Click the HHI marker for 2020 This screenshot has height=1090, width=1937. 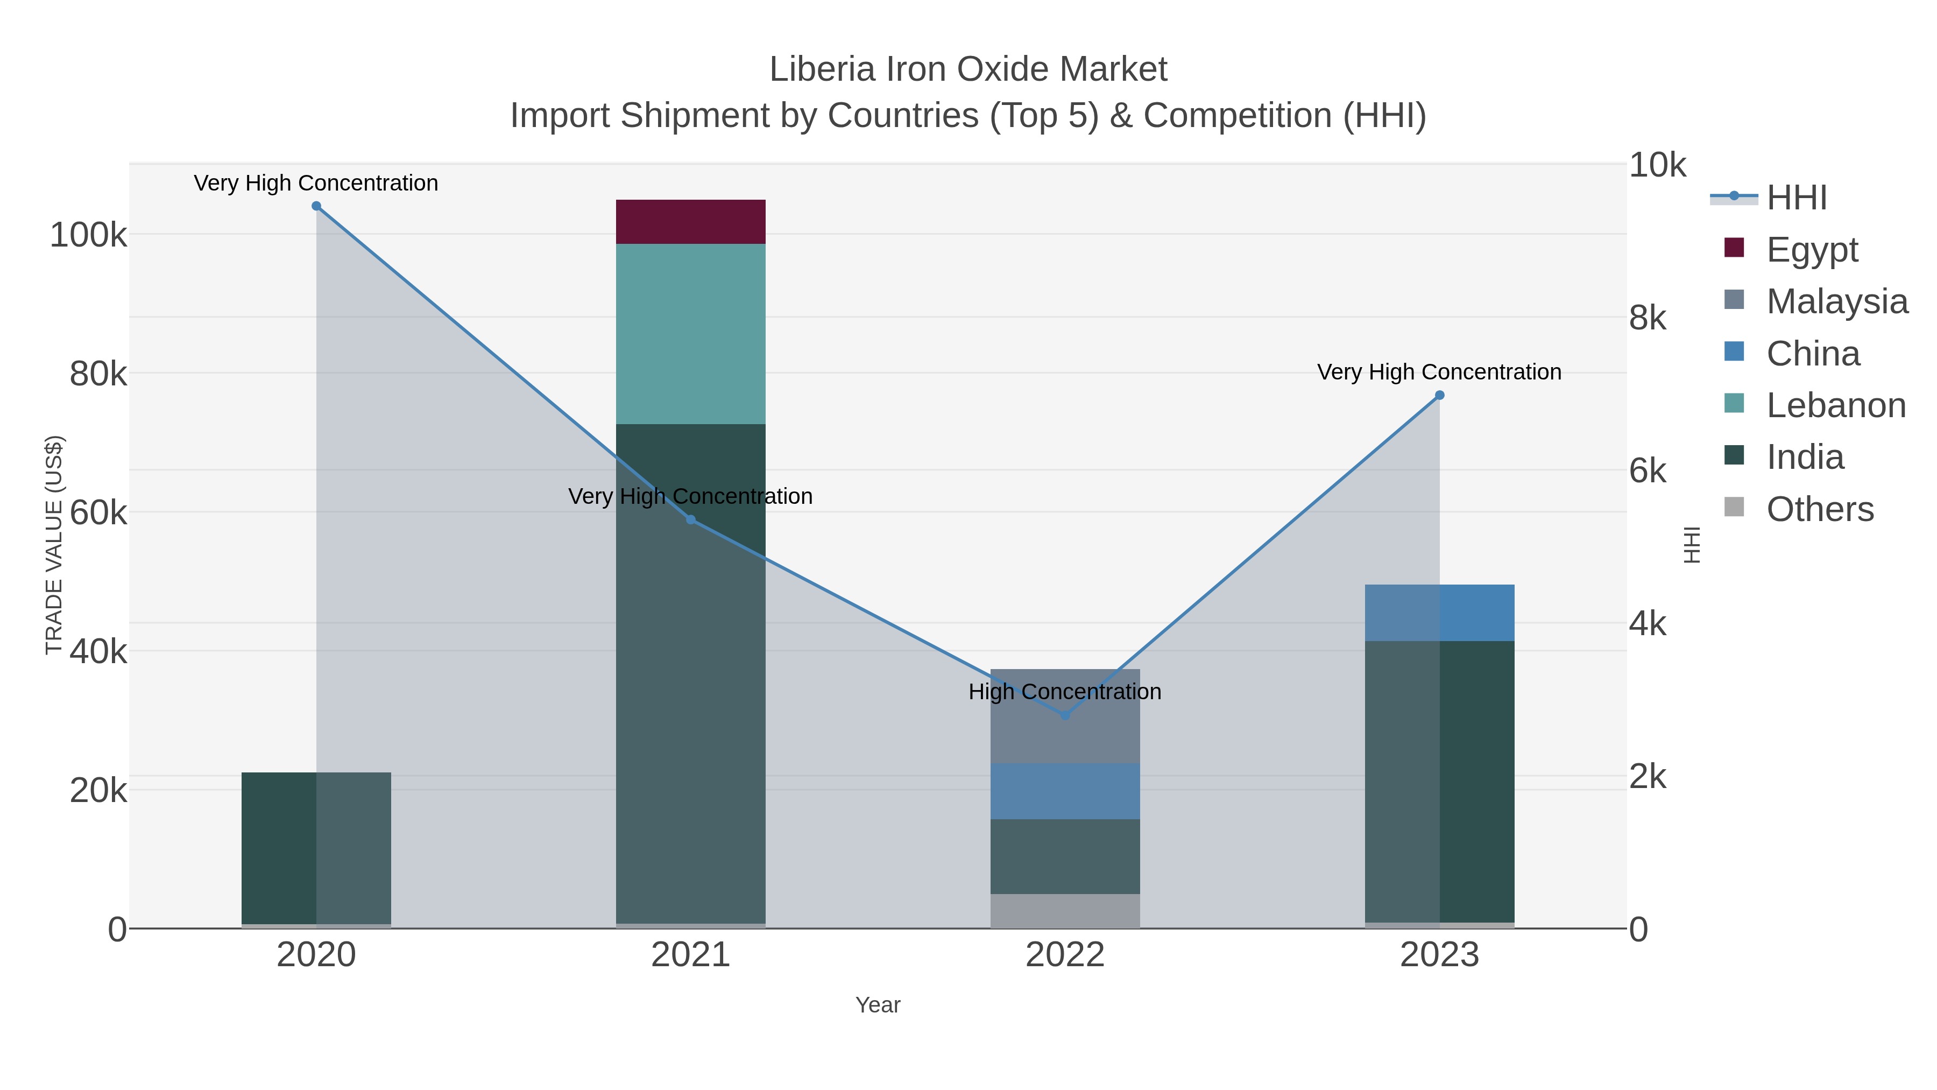[316, 206]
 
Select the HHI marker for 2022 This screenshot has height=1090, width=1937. [1065, 715]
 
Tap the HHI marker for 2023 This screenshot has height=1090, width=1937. [1439, 395]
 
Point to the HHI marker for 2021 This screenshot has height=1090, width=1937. [691, 520]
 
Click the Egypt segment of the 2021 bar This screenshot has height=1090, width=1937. [690, 222]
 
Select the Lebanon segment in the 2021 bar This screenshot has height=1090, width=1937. [690, 333]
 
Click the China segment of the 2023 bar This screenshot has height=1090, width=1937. [1439, 613]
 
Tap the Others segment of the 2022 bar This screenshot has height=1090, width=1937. [1065, 910]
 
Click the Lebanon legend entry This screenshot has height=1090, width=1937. [1835, 405]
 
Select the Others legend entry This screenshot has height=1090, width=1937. [1819, 509]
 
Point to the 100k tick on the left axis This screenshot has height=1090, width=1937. [88, 235]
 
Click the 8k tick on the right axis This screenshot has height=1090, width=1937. [1648, 318]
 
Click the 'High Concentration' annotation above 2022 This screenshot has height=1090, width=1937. [1065, 691]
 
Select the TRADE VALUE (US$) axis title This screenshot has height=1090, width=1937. [54, 545]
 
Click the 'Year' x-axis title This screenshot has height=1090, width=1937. [878, 1005]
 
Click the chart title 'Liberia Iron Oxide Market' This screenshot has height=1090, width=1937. [968, 69]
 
